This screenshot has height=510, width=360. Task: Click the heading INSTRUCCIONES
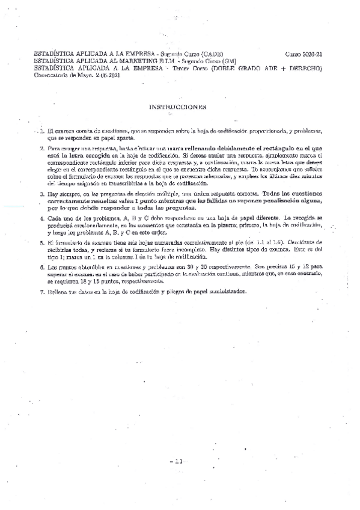[177, 107]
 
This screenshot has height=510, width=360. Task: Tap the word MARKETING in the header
[119, 61]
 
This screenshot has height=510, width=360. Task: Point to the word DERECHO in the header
[304, 69]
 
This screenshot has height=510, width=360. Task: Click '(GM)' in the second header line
[228, 61]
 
